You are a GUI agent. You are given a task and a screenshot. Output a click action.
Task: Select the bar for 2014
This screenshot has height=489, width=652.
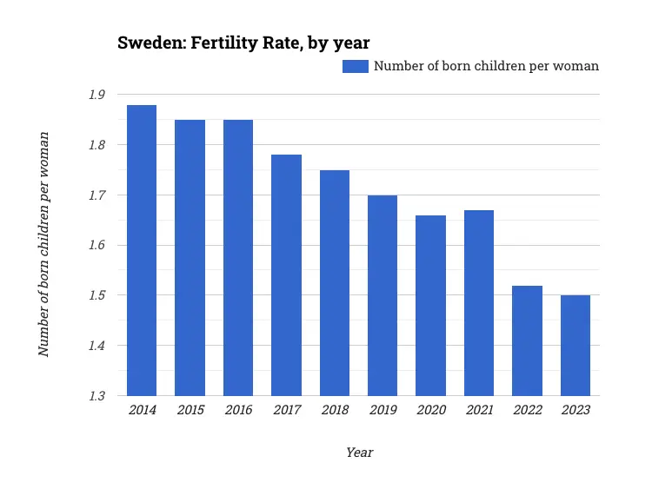coord(142,250)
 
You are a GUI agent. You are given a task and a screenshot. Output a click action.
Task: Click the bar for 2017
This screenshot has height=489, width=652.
coord(286,275)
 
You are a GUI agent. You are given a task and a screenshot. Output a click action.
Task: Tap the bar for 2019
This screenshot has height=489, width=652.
coord(383,295)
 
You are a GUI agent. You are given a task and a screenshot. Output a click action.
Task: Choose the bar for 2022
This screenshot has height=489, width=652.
coord(527,340)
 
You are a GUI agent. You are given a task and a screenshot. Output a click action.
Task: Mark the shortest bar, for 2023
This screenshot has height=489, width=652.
coord(575,346)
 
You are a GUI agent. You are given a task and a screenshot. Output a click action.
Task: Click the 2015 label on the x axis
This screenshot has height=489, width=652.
coord(190,410)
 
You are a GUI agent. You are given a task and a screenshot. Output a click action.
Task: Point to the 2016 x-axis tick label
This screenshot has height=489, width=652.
coord(238,410)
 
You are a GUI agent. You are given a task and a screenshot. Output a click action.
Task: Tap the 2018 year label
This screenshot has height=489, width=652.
coord(335,410)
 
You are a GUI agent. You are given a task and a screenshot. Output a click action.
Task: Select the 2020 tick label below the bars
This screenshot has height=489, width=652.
coord(430,410)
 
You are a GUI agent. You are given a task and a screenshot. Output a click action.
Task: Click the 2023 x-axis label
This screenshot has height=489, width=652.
coord(575,410)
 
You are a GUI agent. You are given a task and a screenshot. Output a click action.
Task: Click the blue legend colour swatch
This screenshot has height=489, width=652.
coord(356,66)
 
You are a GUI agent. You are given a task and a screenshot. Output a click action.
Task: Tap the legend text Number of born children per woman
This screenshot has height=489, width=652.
coord(486,66)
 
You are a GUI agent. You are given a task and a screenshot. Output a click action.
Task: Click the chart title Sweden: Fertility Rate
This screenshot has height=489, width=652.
coord(244,43)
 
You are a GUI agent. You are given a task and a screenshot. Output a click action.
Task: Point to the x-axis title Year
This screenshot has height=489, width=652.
coord(359,453)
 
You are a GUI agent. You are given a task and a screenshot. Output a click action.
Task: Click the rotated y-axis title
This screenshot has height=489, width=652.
coord(43,244)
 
